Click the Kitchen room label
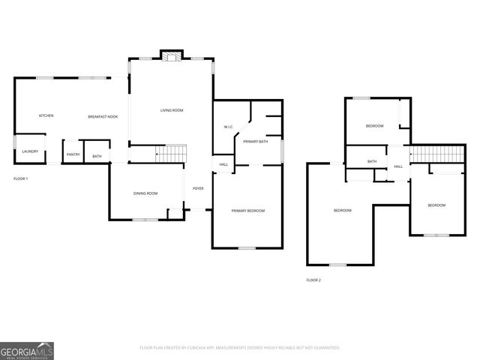tap(46, 115)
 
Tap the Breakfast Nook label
tap(103, 116)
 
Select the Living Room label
tap(172, 110)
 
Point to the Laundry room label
tap(30, 151)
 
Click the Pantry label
tap(73, 154)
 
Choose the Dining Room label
tap(145, 193)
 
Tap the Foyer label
tap(198, 188)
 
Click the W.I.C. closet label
tap(229, 127)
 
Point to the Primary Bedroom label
tap(247, 211)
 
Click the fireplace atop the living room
tap(172, 55)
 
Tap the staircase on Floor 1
tap(171, 154)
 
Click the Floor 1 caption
tap(21, 178)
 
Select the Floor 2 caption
tap(313, 280)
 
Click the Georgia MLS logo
tap(27, 350)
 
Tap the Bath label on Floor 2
tap(372, 161)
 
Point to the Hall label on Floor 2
tap(398, 166)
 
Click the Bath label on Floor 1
tap(97, 156)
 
